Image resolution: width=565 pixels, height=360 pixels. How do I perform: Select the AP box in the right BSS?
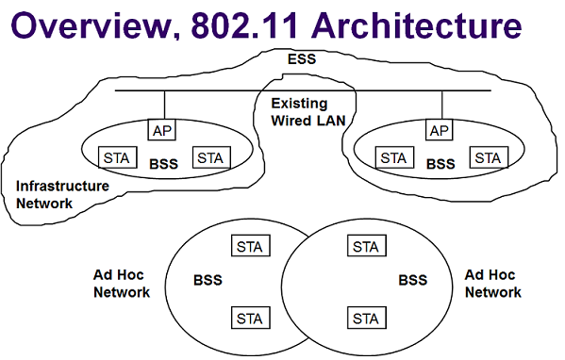coord(440,129)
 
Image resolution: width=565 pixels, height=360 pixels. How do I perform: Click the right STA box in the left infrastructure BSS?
coord(209,157)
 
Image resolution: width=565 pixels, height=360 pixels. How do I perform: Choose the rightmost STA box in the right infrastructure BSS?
coord(487,157)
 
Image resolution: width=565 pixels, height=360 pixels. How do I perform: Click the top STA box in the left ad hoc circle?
coord(251,247)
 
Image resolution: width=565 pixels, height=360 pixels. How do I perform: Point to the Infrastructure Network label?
coord(62,194)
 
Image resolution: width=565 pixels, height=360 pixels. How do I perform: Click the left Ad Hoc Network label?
coord(122,283)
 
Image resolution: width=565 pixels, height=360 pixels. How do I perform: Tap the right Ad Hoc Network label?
coord(493,283)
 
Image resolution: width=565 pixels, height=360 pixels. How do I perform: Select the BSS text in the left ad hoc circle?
coord(208,281)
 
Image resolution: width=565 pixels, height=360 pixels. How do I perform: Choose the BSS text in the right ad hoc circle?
coord(413,281)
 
